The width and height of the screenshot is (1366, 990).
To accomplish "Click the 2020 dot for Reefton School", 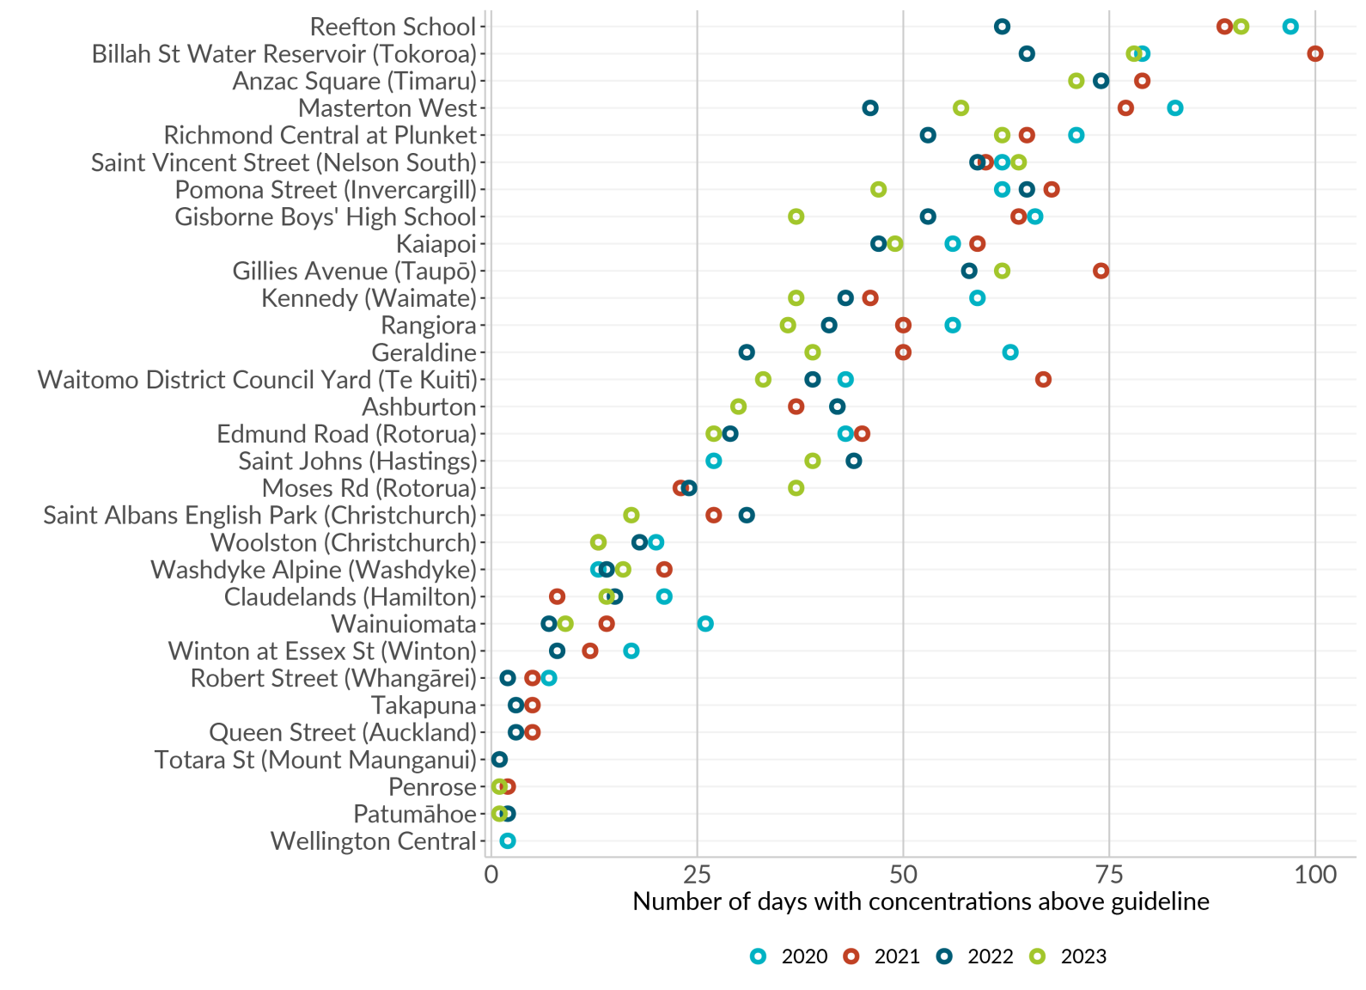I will click(x=1290, y=27).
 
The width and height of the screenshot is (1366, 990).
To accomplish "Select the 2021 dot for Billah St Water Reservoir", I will click(x=1314, y=54).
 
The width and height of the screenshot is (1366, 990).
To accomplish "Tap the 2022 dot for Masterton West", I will click(x=870, y=108).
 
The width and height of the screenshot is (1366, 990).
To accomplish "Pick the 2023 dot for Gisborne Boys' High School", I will click(x=796, y=217).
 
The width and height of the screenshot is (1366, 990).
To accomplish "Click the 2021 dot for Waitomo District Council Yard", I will click(x=1043, y=380).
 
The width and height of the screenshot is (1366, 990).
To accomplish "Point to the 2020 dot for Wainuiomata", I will click(x=705, y=624).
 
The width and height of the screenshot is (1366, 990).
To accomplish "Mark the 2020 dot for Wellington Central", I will click(x=508, y=841).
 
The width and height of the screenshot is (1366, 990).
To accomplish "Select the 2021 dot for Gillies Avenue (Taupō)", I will click(x=1101, y=272).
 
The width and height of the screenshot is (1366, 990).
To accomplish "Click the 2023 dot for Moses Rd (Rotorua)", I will click(x=796, y=488).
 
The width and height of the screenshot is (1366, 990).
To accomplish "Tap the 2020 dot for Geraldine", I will click(x=1010, y=352).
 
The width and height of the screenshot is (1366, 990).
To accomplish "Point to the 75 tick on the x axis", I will click(x=1109, y=875).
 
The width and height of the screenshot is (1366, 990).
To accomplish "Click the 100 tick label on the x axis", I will click(x=1314, y=875).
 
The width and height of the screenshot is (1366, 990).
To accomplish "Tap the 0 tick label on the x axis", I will click(x=491, y=875).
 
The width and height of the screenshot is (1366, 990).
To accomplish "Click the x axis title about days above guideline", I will click(x=920, y=901).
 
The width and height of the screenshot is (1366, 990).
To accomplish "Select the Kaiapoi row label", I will click(x=436, y=244).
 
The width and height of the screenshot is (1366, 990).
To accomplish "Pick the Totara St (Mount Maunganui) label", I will click(x=315, y=761).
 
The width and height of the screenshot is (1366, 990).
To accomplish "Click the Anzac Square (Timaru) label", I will click(x=354, y=82).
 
